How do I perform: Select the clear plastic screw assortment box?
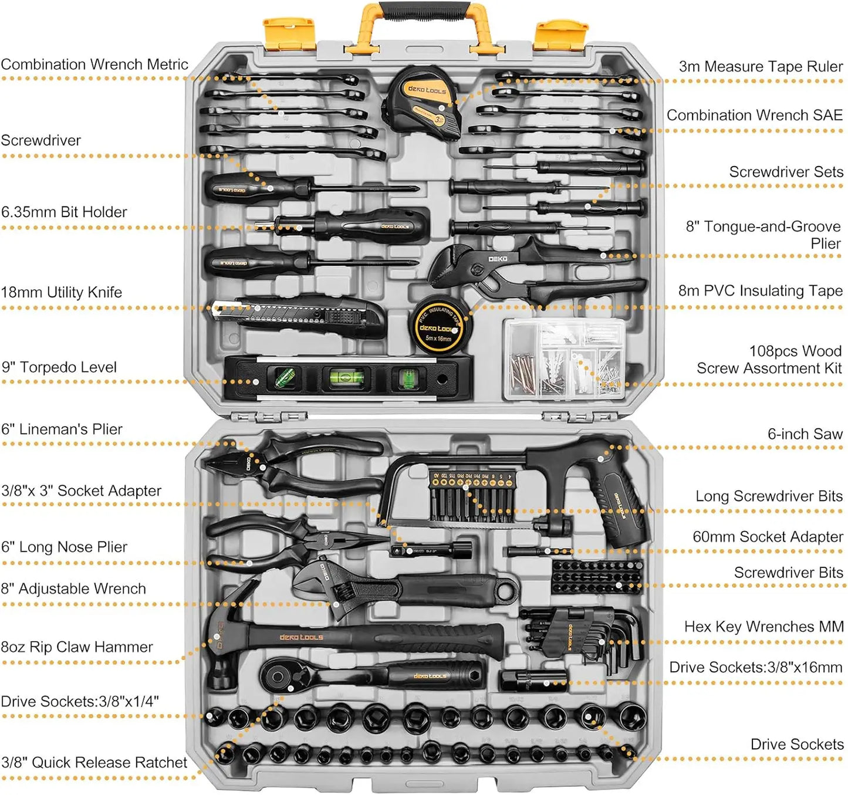pyautogui.click(x=565, y=359)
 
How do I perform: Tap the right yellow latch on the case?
pyautogui.click(x=560, y=34)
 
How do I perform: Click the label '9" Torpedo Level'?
pyautogui.click(x=59, y=367)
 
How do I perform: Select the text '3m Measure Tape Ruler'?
pyautogui.click(x=761, y=67)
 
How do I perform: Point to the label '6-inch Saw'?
pyautogui.click(x=805, y=434)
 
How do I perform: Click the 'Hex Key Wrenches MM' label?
pyautogui.click(x=763, y=627)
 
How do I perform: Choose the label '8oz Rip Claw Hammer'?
pyautogui.click(x=77, y=647)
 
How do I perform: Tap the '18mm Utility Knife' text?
pyautogui.click(x=62, y=292)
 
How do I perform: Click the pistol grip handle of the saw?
pyautogui.click(x=623, y=505)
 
